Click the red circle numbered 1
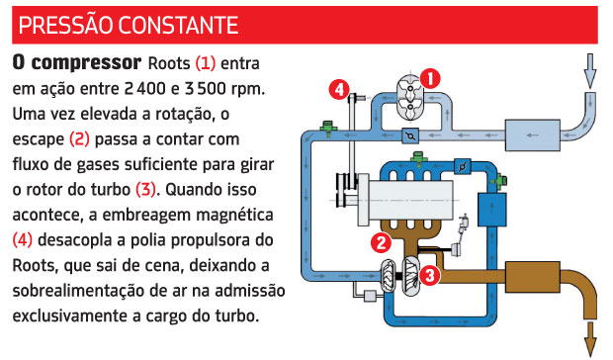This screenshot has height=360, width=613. (430, 79)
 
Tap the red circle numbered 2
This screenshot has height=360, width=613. (382, 242)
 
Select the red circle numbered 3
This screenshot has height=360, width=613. (430, 275)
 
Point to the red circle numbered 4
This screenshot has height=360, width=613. (339, 90)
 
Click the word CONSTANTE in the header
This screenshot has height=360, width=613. (178, 26)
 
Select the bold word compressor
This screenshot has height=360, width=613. (86, 63)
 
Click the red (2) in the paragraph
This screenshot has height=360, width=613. (79, 139)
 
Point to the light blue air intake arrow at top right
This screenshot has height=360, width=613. (590, 71)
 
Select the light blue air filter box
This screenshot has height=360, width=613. (533, 135)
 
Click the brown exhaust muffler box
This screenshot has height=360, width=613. (533, 277)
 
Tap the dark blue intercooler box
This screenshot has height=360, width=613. (491, 209)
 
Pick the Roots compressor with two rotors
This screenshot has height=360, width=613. (409, 97)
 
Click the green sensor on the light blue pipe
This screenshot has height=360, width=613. (328, 128)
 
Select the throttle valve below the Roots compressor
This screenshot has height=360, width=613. (410, 135)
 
